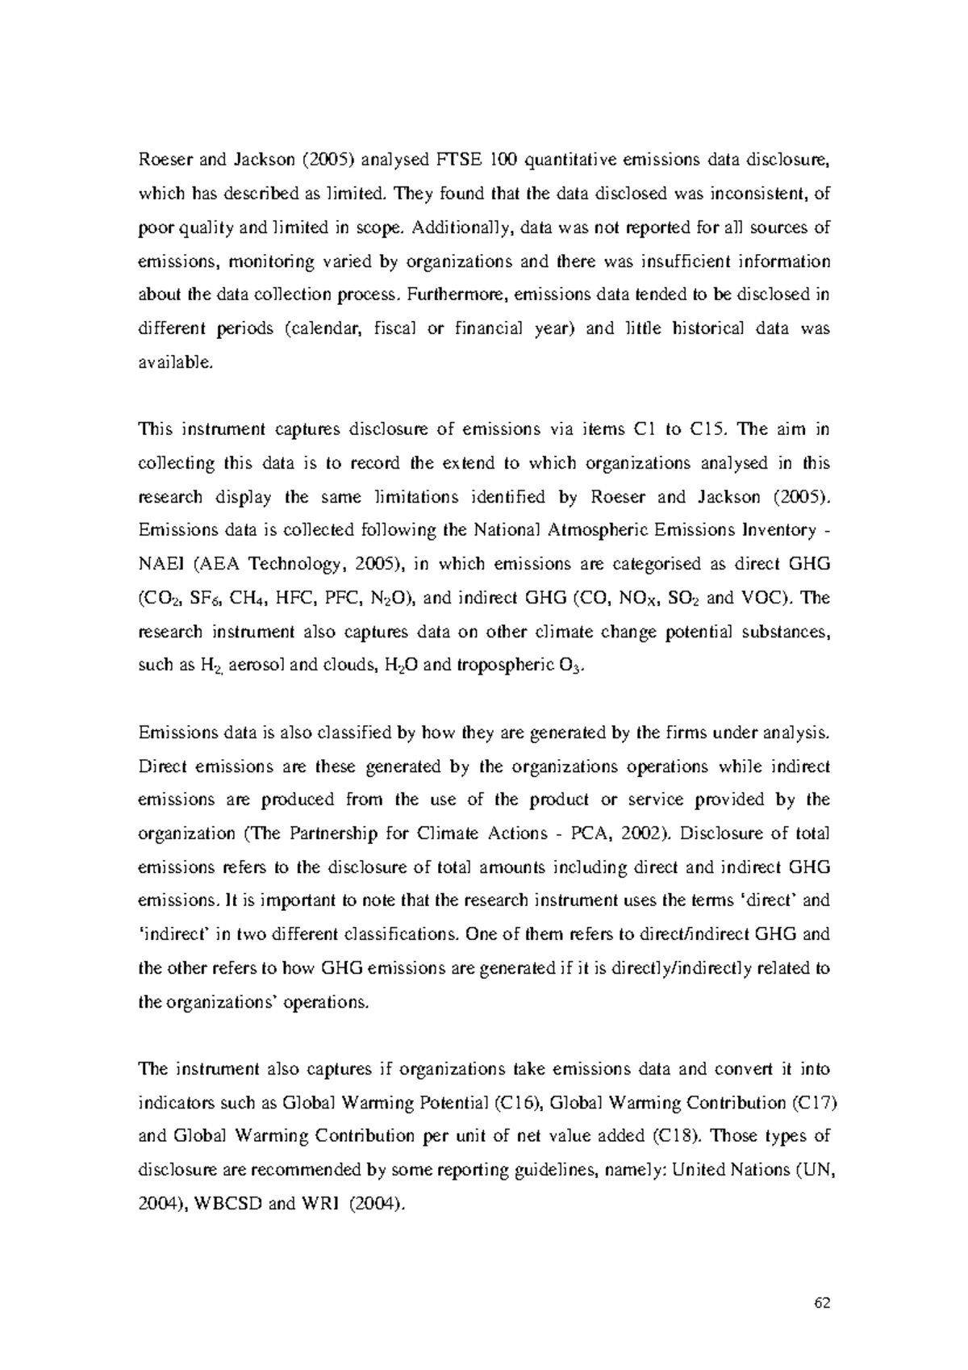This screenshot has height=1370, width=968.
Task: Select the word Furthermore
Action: click(454, 294)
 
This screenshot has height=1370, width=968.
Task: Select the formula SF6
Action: click(208, 599)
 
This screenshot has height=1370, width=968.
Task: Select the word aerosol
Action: click(250, 666)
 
